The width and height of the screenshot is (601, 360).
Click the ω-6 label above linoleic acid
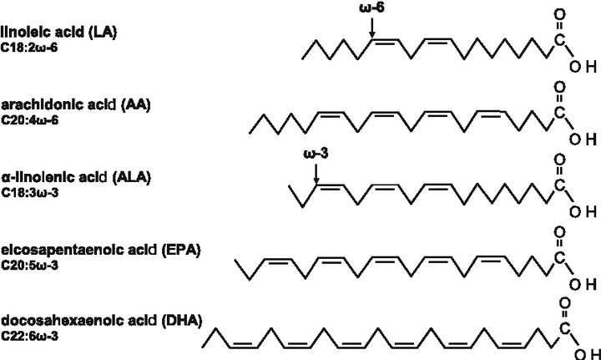point(373,8)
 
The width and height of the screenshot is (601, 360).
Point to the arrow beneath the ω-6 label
point(372,28)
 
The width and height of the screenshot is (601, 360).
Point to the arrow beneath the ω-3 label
point(316,174)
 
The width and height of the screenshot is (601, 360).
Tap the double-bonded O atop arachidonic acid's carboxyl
point(558,85)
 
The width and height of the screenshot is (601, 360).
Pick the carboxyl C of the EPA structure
point(558,259)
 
